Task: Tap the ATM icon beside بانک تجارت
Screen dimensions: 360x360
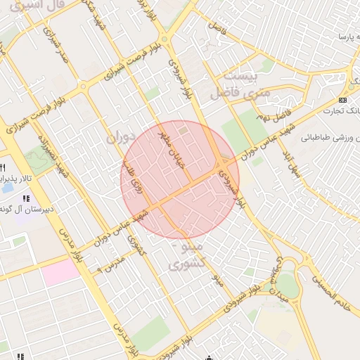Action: [x=342, y=100]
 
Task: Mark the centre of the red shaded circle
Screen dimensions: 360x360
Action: [x=180, y=179]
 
